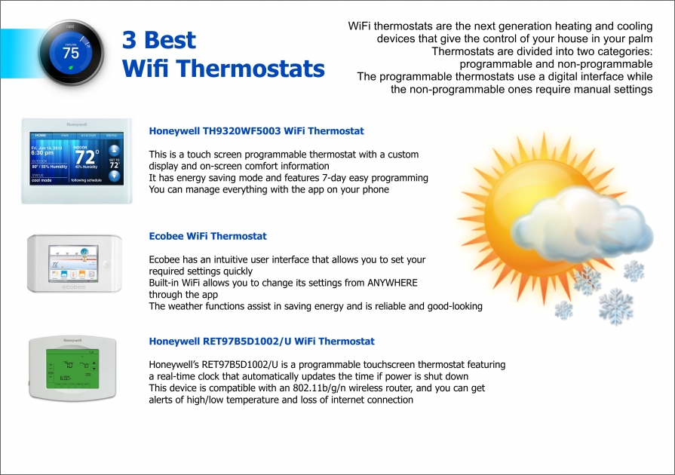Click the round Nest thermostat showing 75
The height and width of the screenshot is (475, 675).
point(71,53)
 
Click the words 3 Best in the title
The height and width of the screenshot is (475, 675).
point(159,40)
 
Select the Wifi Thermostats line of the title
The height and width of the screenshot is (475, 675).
point(223,69)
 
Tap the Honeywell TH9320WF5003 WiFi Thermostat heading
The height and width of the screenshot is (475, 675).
point(256,131)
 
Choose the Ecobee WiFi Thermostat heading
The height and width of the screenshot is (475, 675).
point(207,236)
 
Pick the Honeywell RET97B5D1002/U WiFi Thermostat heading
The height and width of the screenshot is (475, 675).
point(262,342)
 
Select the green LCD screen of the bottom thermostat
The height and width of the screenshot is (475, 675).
point(73,372)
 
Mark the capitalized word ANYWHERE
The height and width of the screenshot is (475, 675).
point(391,283)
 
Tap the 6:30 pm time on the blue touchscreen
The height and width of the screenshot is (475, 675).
point(42,152)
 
